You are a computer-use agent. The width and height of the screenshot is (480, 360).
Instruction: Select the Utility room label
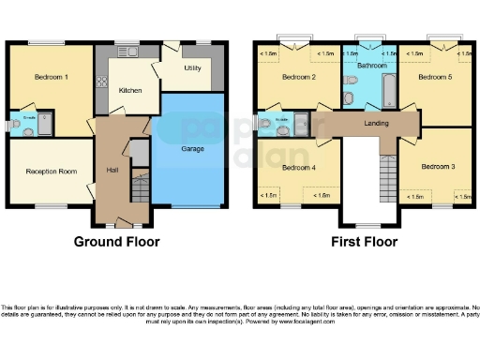(x=194, y=68)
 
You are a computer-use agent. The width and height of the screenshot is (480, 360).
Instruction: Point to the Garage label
(x=192, y=148)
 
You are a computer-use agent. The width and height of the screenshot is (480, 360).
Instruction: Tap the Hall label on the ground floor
(x=112, y=170)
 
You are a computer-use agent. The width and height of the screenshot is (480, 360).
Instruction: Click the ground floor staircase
(x=139, y=188)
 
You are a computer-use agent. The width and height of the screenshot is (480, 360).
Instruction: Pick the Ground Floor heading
(x=117, y=241)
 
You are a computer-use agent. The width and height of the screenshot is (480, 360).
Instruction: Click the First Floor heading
(x=364, y=241)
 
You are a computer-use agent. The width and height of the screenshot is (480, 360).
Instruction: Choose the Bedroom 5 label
(x=434, y=77)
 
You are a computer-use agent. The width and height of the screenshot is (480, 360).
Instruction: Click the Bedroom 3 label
(x=437, y=166)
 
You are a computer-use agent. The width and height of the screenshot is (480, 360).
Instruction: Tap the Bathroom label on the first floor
(x=369, y=66)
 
